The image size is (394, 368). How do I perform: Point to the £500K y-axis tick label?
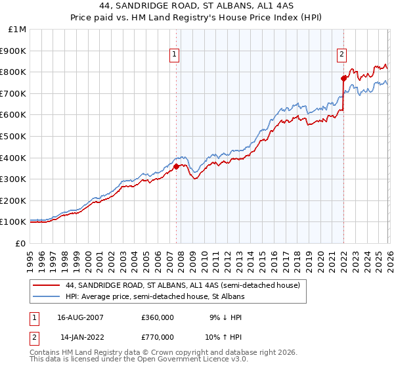[13, 136]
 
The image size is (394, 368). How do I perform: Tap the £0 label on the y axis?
[21, 243]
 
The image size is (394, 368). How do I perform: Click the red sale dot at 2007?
[176, 166]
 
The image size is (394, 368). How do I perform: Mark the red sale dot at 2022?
[343, 78]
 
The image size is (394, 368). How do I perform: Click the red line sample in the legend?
[47, 286]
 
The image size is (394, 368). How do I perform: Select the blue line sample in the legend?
[47, 297]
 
